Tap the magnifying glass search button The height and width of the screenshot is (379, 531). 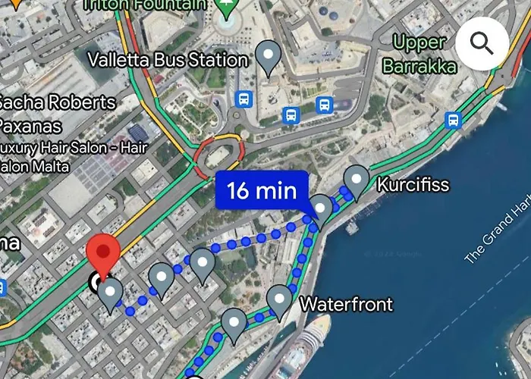coord(482,43)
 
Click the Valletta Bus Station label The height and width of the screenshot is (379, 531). coord(168,60)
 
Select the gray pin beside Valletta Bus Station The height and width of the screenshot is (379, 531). coord(267,56)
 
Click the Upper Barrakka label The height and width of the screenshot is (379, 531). coord(419,55)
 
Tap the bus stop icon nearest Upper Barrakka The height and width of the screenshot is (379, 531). coord(453,120)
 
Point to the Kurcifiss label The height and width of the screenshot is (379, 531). coord(413,185)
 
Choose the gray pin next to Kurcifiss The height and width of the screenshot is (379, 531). coord(356,180)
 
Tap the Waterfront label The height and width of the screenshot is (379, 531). coord(347,305)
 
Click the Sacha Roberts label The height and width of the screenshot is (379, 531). coord(57,103)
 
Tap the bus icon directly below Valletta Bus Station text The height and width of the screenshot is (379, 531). coord(243,99)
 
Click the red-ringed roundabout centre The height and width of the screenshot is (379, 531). coord(218,157)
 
